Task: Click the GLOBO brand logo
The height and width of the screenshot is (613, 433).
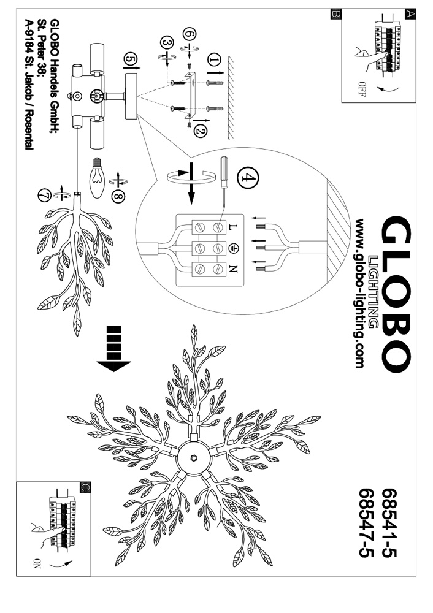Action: [395, 294]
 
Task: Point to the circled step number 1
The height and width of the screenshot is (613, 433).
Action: [213, 59]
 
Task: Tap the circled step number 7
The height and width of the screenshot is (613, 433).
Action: [43, 196]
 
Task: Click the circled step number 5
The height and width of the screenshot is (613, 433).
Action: [129, 58]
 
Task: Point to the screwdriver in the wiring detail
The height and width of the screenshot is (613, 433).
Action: [224, 181]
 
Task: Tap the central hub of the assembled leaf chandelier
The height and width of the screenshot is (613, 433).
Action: [193, 458]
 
